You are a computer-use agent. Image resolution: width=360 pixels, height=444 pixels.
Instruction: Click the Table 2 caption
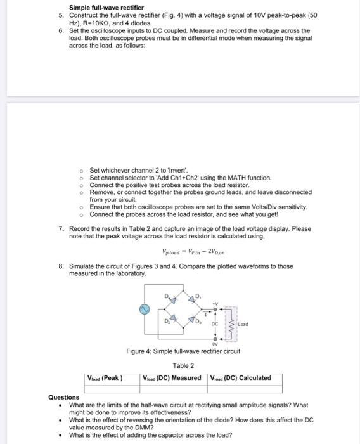pos(183,365)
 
